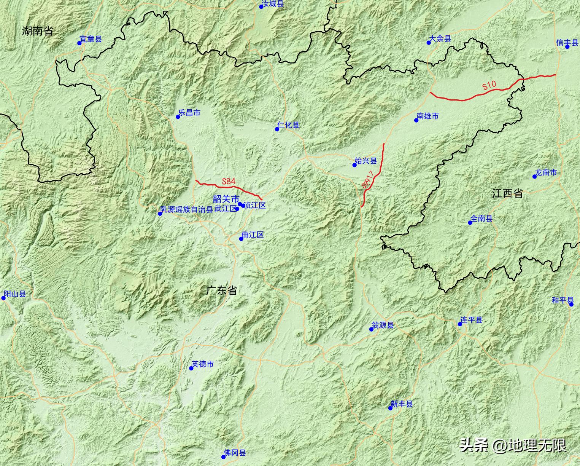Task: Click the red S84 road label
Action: [229, 182]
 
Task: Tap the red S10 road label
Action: [489, 85]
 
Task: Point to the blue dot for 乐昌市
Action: [178, 117]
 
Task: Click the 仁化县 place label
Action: [289, 125]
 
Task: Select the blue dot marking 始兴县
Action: [354, 165]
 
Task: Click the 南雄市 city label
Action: [428, 116]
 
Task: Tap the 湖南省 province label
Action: [38, 31]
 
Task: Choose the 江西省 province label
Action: [507, 193]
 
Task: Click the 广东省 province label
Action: [222, 291]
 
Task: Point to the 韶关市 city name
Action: [226, 199]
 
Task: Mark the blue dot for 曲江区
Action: [241, 239]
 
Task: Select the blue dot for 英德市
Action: [191, 368]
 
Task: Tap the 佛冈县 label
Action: [235, 453]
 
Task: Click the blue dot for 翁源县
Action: [372, 329]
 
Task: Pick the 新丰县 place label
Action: [402, 404]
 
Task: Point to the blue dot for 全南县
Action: [470, 223]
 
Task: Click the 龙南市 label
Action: [546, 172]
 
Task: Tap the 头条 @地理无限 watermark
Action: [513, 445]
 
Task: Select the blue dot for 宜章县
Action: [79, 43]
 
